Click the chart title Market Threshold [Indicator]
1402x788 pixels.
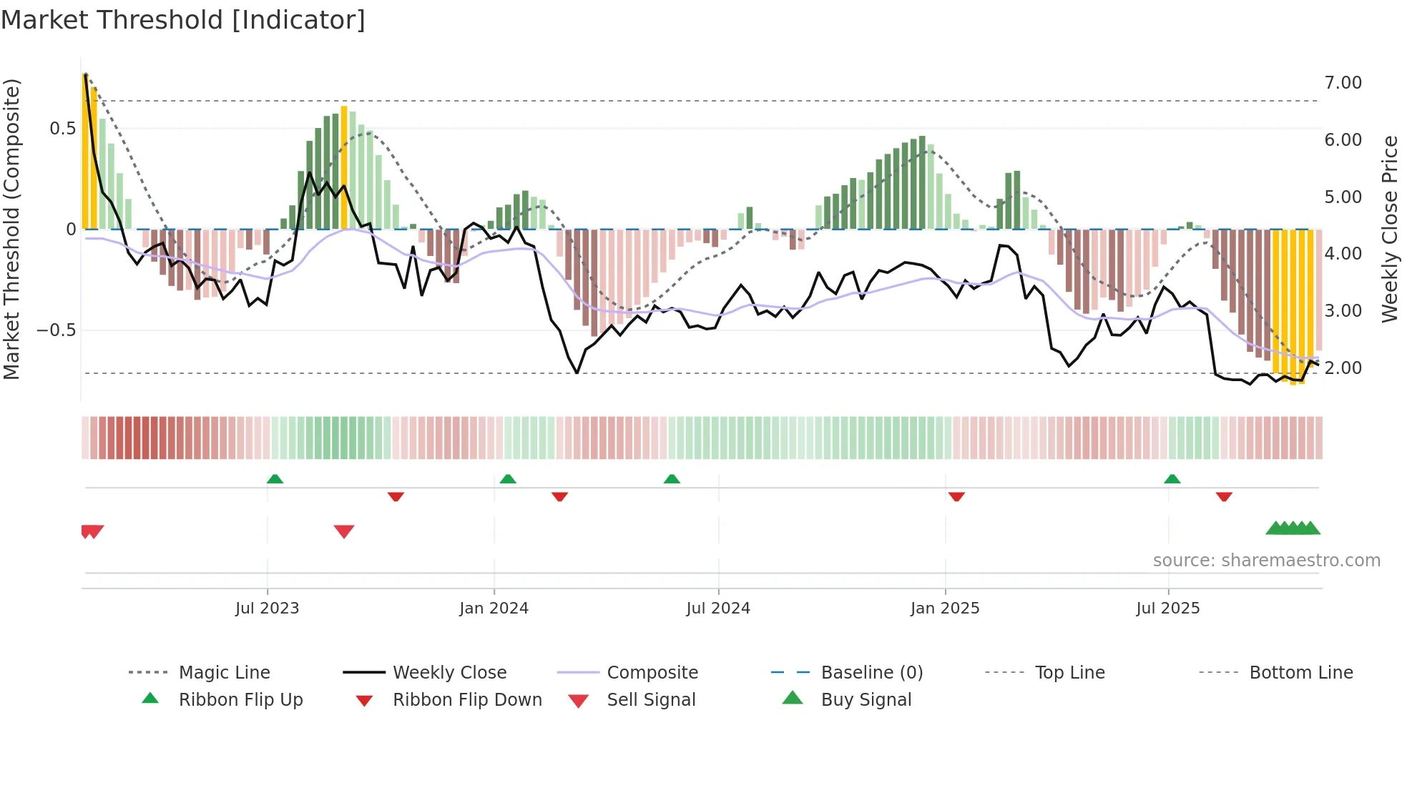[x=183, y=20]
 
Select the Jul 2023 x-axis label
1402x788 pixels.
[x=267, y=609]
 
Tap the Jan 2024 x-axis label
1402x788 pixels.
[x=494, y=609]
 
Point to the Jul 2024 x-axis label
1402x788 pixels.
[x=718, y=609]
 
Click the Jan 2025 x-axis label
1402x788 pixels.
[x=945, y=609]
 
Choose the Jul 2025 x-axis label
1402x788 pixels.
[x=1168, y=609]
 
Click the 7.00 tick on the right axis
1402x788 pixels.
[x=1343, y=83]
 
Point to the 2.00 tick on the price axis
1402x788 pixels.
[x=1343, y=368]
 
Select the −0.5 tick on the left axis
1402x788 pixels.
[x=56, y=330]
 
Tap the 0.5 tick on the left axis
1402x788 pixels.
[x=62, y=129]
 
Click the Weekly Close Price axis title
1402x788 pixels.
[x=1389, y=229]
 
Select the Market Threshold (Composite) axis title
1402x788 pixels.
[x=11, y=229]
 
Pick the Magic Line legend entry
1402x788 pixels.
[x=224, y=673]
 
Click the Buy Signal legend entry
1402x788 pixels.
[x=866, y=700]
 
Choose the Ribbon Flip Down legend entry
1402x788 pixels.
[x=467, y=700]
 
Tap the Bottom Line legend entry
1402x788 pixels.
[x=1300, y=673]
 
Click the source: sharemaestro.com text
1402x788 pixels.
[x=1266, y=561]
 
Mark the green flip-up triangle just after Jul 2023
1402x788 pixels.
[x=275, y=479]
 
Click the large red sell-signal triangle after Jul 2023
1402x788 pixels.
[x=344, y=531]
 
